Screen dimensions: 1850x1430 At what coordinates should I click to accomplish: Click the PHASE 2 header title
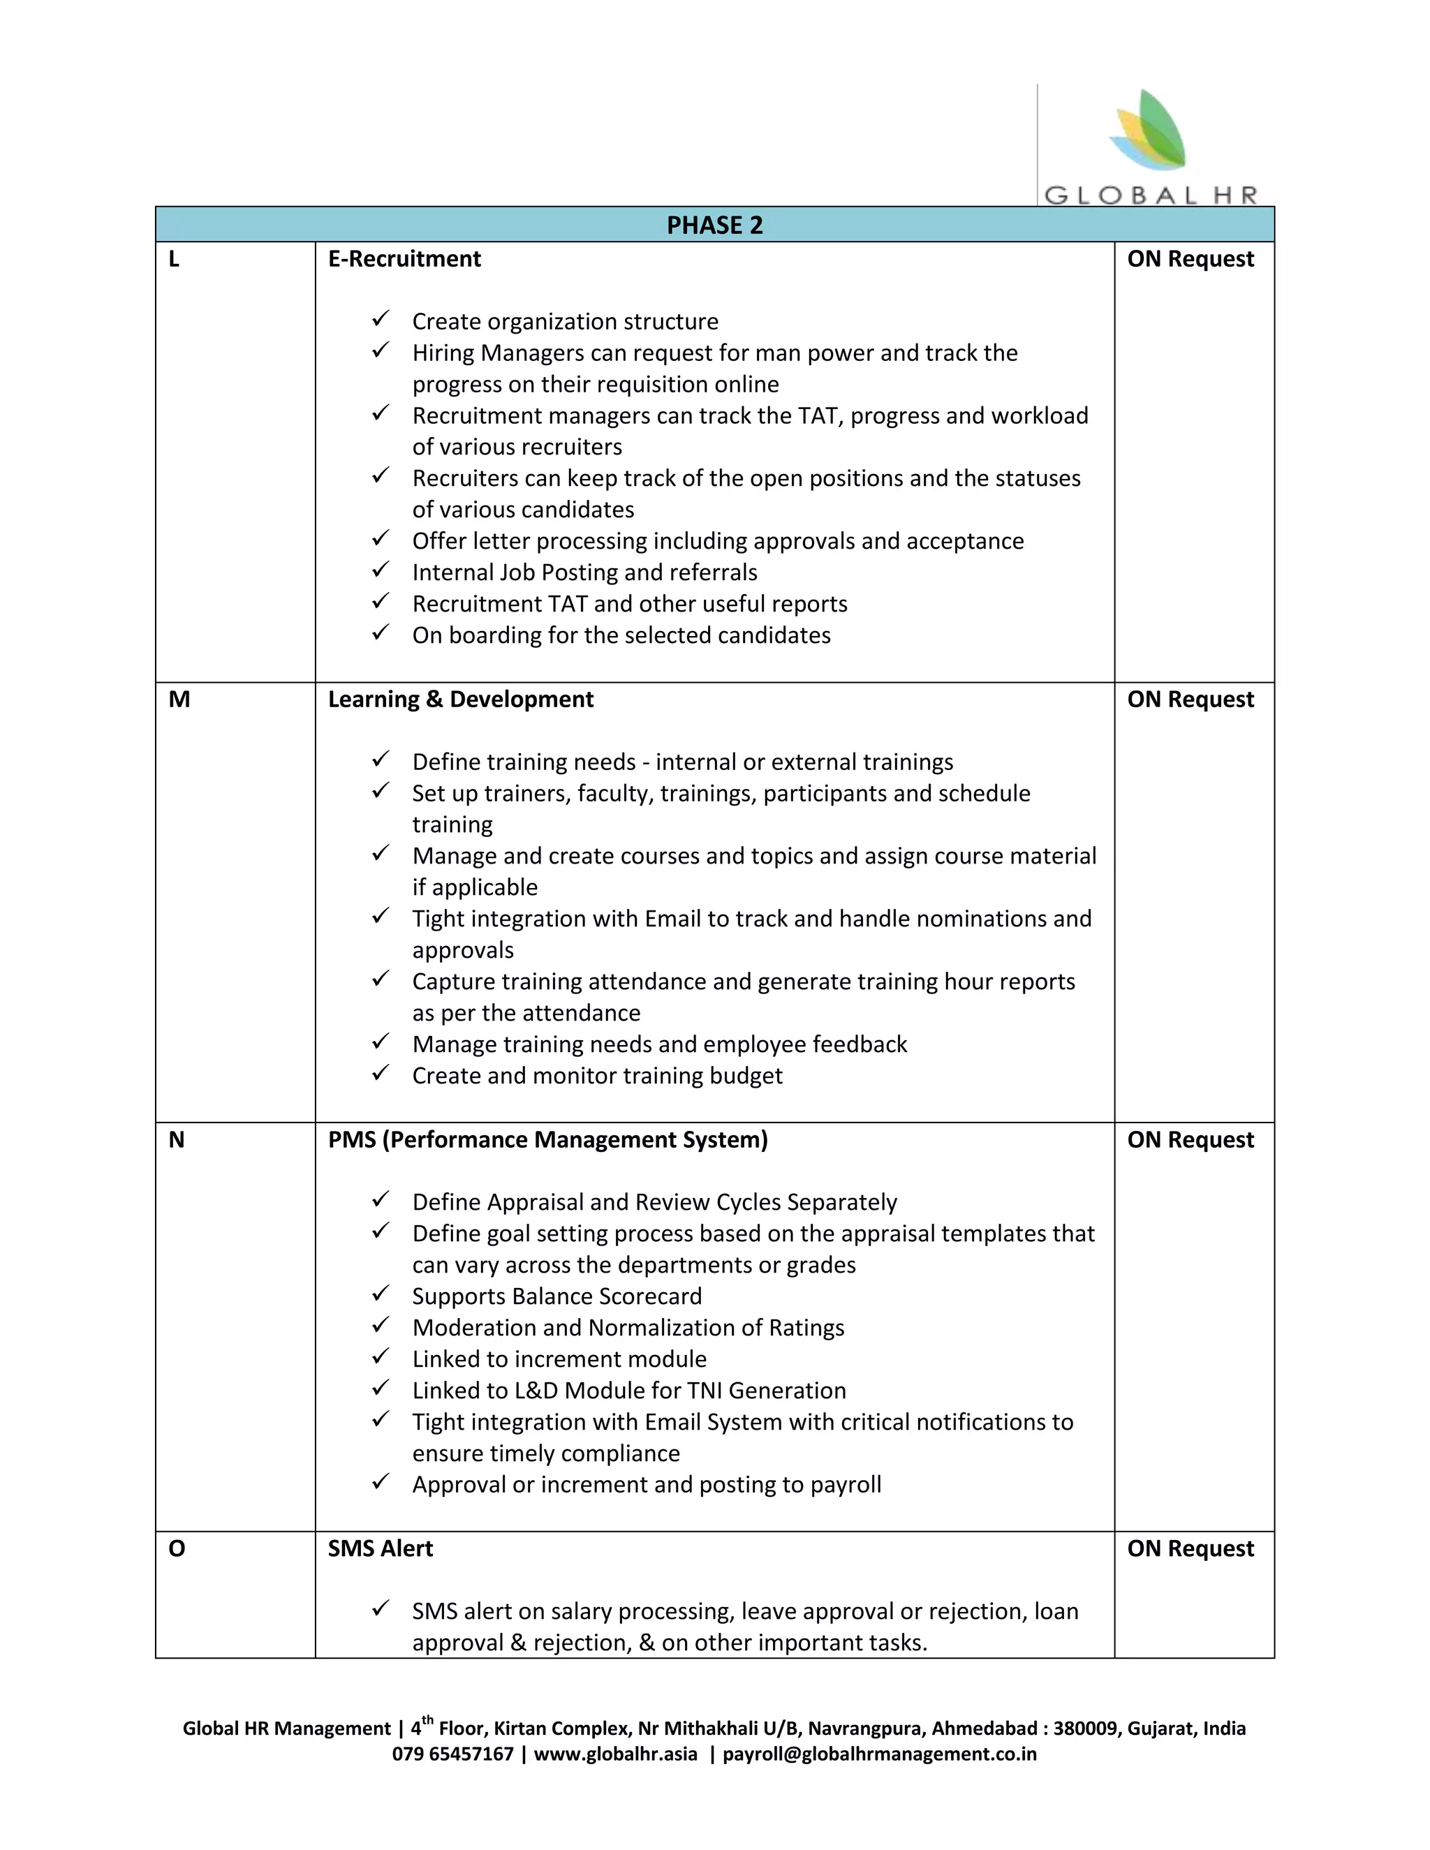tap(714, 225)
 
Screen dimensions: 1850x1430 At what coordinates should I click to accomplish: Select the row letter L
tap(174, 259)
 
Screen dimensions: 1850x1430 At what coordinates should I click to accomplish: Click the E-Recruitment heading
tap(404, 259)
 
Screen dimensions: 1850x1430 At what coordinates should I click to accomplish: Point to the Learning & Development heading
tap(460, 700)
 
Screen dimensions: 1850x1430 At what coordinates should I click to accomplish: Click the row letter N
tap(176, 1140)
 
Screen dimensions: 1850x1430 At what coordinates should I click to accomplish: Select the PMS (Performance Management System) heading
tap(547, 1140)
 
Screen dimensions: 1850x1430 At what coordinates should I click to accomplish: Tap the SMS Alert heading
tap(381, 1548)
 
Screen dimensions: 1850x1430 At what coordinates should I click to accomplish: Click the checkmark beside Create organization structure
tap(381, 319)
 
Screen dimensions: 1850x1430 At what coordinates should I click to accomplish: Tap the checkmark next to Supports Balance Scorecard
tap(381, 1294)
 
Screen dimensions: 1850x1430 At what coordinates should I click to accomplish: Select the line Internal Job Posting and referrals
tap(584, 572)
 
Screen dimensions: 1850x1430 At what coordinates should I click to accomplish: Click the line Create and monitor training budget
tap(597, 1076)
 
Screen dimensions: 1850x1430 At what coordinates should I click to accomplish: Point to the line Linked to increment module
tap(559, 1359)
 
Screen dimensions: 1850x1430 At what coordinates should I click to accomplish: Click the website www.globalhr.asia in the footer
tap(615, 1754)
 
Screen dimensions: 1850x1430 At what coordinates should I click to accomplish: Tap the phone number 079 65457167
tap(452, 1754)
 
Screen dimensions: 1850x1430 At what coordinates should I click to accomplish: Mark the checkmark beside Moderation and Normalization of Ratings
tap(381, 1325)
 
